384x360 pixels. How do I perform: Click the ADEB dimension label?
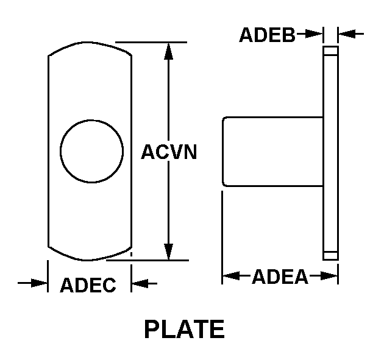click(267, 35)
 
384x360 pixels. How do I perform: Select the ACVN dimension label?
click(169, 152)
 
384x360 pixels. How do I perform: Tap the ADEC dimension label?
click(88, 285)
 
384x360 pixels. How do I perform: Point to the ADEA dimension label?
click(280, 277)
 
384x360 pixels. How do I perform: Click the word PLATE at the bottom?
click(185, 329)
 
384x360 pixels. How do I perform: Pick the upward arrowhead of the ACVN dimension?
click(168, 51)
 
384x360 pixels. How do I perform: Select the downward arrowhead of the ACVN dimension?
click(168, 252)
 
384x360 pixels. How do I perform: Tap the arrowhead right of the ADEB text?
click(314, 34)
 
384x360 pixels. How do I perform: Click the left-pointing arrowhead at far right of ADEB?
click(347, 34)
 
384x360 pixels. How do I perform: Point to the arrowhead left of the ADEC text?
click(39, 283)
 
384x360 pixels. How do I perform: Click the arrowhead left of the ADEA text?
click(231, 275)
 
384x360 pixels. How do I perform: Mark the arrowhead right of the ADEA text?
click(329, 275)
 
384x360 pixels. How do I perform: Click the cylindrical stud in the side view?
click(272, 152)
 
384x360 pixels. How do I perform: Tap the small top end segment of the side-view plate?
click(330, 51)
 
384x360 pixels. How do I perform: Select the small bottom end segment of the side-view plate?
click(330, 256)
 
